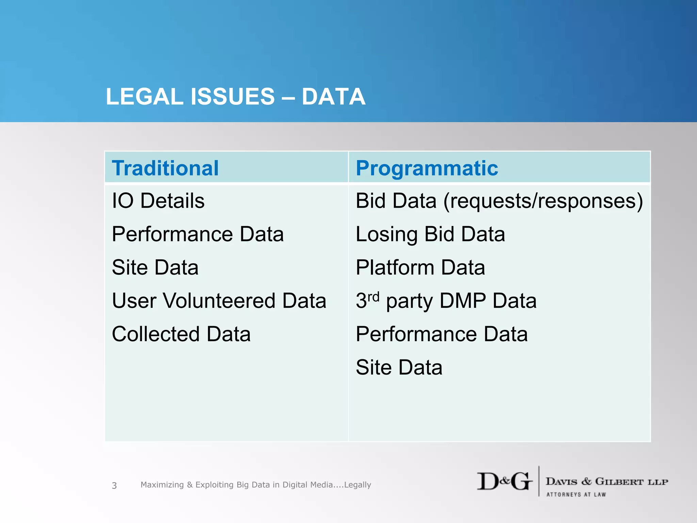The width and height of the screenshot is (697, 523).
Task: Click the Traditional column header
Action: pyautogui.click(x=165, y=168)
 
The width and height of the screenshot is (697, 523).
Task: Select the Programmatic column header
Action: pyautogui.click(x=427, y=168)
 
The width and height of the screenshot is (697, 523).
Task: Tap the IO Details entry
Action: pyautogui.click(x=158, y=201)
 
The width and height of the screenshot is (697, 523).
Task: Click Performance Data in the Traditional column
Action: pyautogui.click(x=198, y=234)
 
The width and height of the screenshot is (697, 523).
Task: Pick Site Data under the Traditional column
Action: pyautogui.click(x=155, y=267)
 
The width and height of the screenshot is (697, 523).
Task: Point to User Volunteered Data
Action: pyautogui.click(x=219, y=301)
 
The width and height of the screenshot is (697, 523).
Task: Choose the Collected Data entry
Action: pyautogui.click(x=181, y=334)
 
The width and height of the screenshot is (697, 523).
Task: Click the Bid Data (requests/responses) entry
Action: pyautogui.click(x=499, y=201)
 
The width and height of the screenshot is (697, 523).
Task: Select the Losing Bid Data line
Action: pyautogui.click(x=430, y=234)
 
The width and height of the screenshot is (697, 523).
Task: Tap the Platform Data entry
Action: pyautogui.click(x=420, y=267)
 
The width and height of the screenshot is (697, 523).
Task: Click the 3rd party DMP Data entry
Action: pyautogui.click(x=446, y=301)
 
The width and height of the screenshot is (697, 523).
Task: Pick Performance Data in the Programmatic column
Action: pyautogui.click(x=441, y=334)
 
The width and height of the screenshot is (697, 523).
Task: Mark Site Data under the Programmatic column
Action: pyautogui.click(x=399, y=367)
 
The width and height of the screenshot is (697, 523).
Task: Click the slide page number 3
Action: pyautogui.click(x=114, y=486)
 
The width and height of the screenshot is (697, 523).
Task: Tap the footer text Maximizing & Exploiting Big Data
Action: pyautogui.click(x=256, y=485)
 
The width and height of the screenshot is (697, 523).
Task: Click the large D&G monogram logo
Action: pyautogui.click(x=504, y=481)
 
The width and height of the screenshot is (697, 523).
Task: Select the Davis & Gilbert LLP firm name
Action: pyautogui.click(x=607, y=481)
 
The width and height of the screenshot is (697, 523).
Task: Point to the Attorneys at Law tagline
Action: pyautogui.click(x=576, y=494)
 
